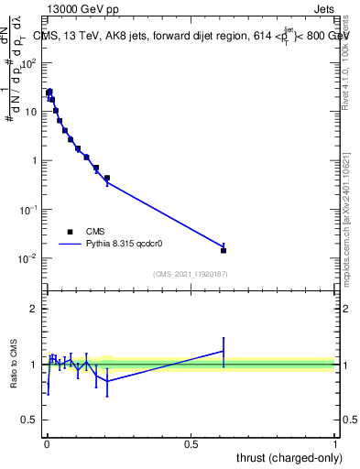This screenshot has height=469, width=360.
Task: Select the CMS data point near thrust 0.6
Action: point(224,250)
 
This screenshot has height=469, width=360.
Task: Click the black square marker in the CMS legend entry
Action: point(70,233)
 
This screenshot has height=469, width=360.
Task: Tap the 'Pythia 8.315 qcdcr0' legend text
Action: point(129,245)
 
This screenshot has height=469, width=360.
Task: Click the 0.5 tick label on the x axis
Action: point(191,443)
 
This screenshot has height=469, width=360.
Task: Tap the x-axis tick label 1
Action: point(335,443)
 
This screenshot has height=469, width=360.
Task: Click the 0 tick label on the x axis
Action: point(47,443)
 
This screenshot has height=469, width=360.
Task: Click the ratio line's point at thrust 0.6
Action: point(224,351)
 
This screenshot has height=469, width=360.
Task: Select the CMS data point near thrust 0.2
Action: point(107,178)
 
